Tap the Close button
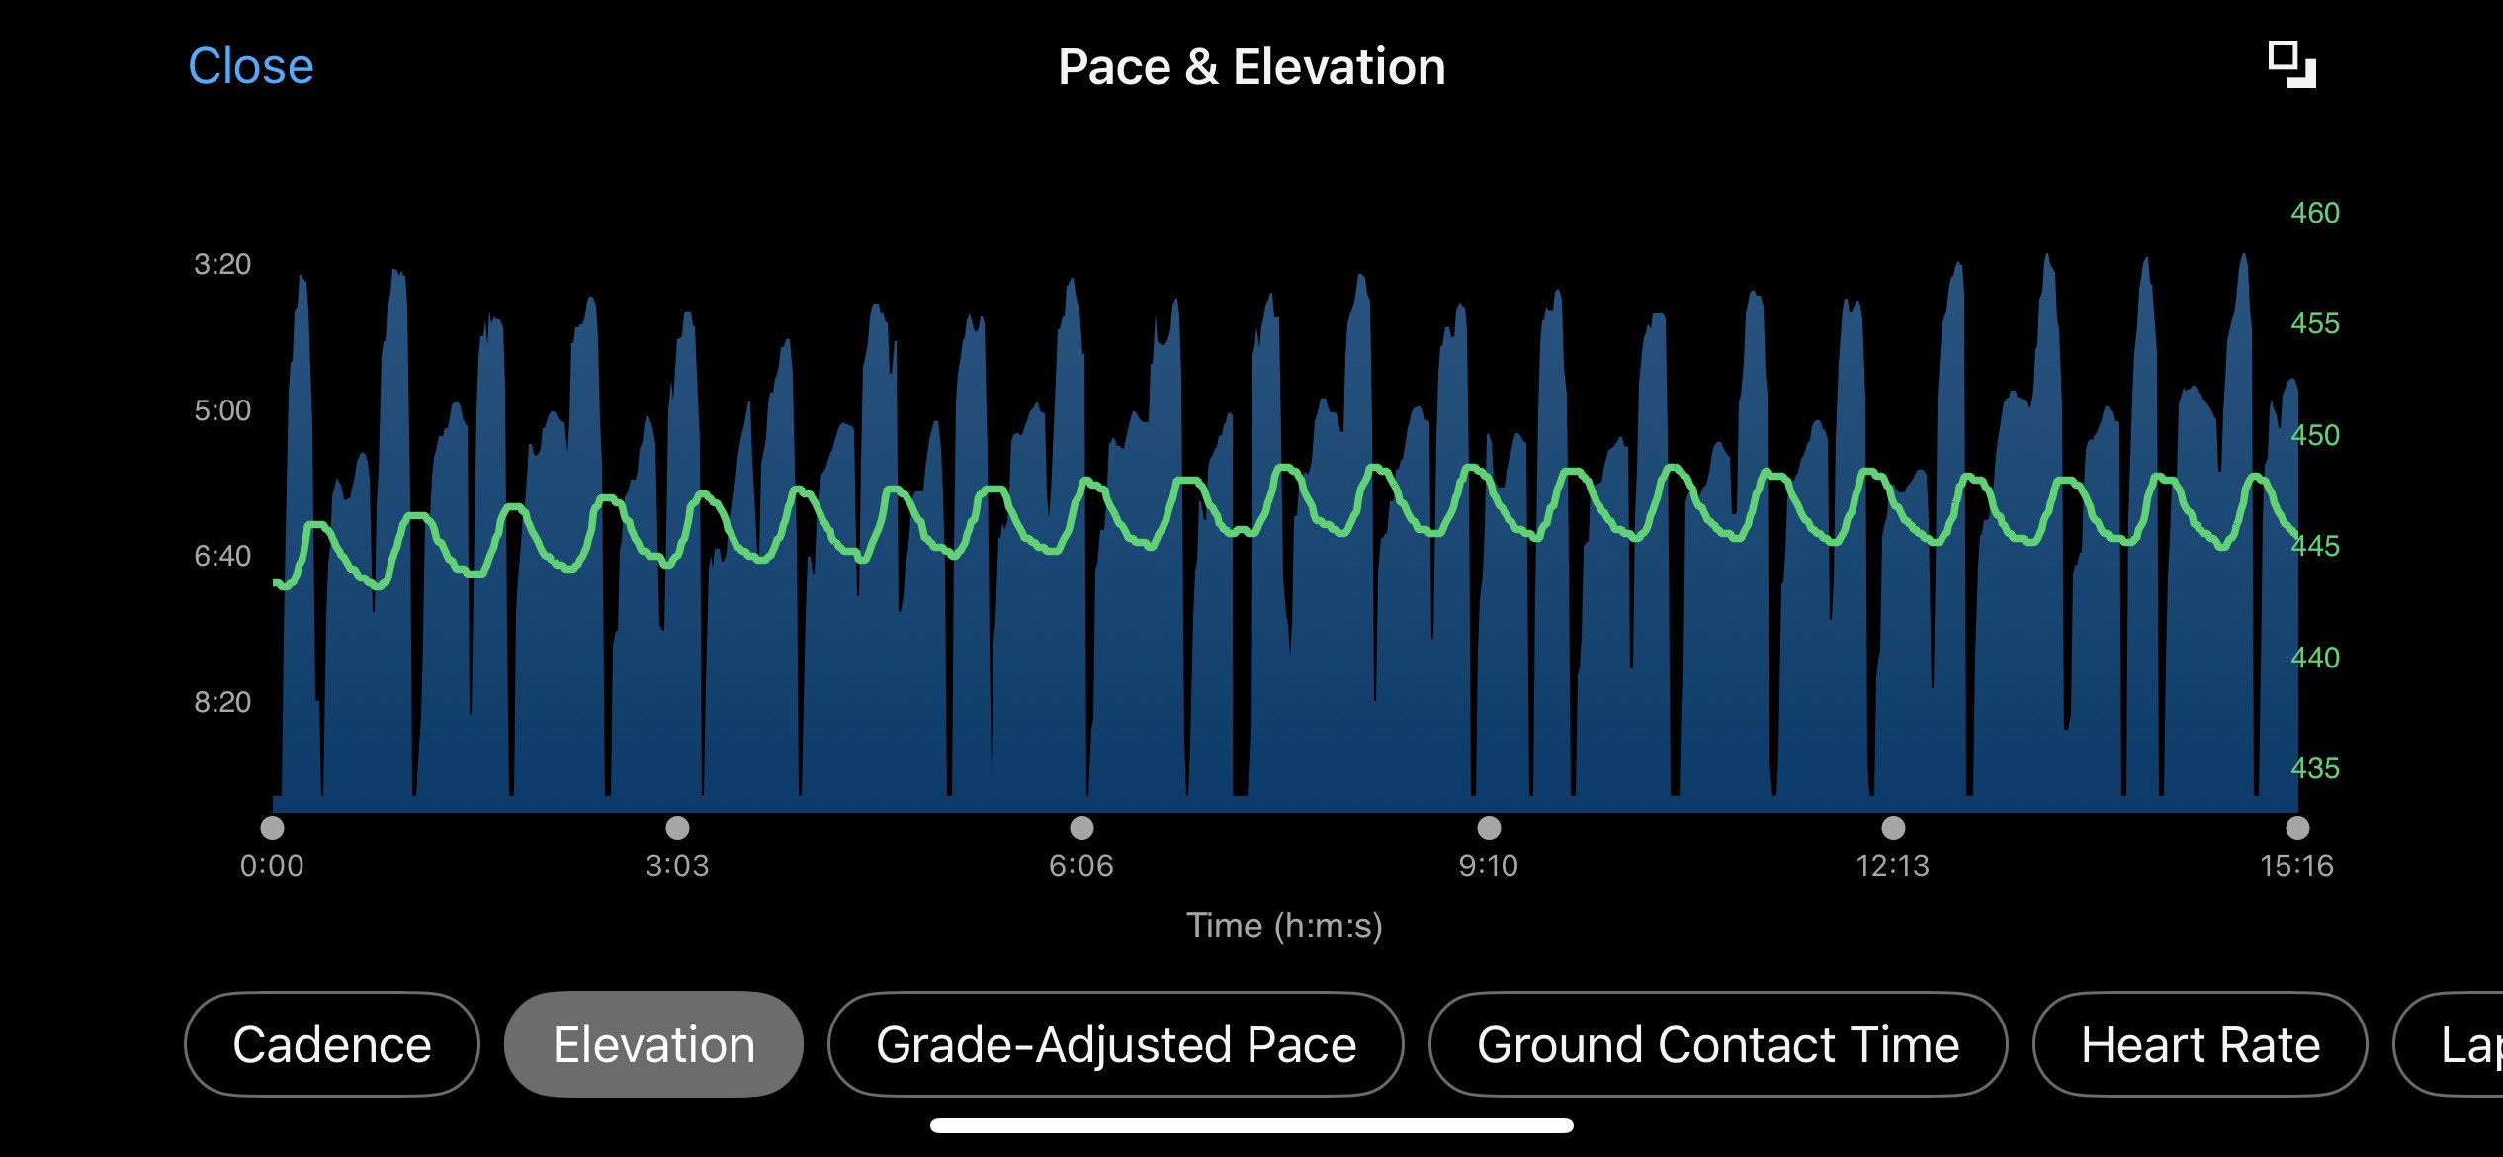tap(251, 67)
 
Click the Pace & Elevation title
tap(1251, 67)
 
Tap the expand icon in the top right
tap(2291, 65)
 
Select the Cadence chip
tap(332, 1044)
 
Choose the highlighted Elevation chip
tap(653, 1044)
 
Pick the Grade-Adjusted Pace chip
tap(1116, 1044)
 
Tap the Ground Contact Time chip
tap(1718, 1044)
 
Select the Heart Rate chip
tap(2201, 1044)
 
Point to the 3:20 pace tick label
tap(222, 264)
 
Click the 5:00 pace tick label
tap(222, 410)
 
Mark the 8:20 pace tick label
tap(222, 702)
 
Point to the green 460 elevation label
tap(2315, 213)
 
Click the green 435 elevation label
tap(2315, 768)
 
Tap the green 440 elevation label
tap(2315, 658)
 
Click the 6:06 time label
tap(1081, 866)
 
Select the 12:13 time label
tap(1893, 866)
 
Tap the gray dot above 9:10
tap(1489, 827)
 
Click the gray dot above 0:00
tap(272, 827)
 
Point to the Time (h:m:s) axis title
tap(1284, 926)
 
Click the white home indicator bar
tap(1251, 1125)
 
